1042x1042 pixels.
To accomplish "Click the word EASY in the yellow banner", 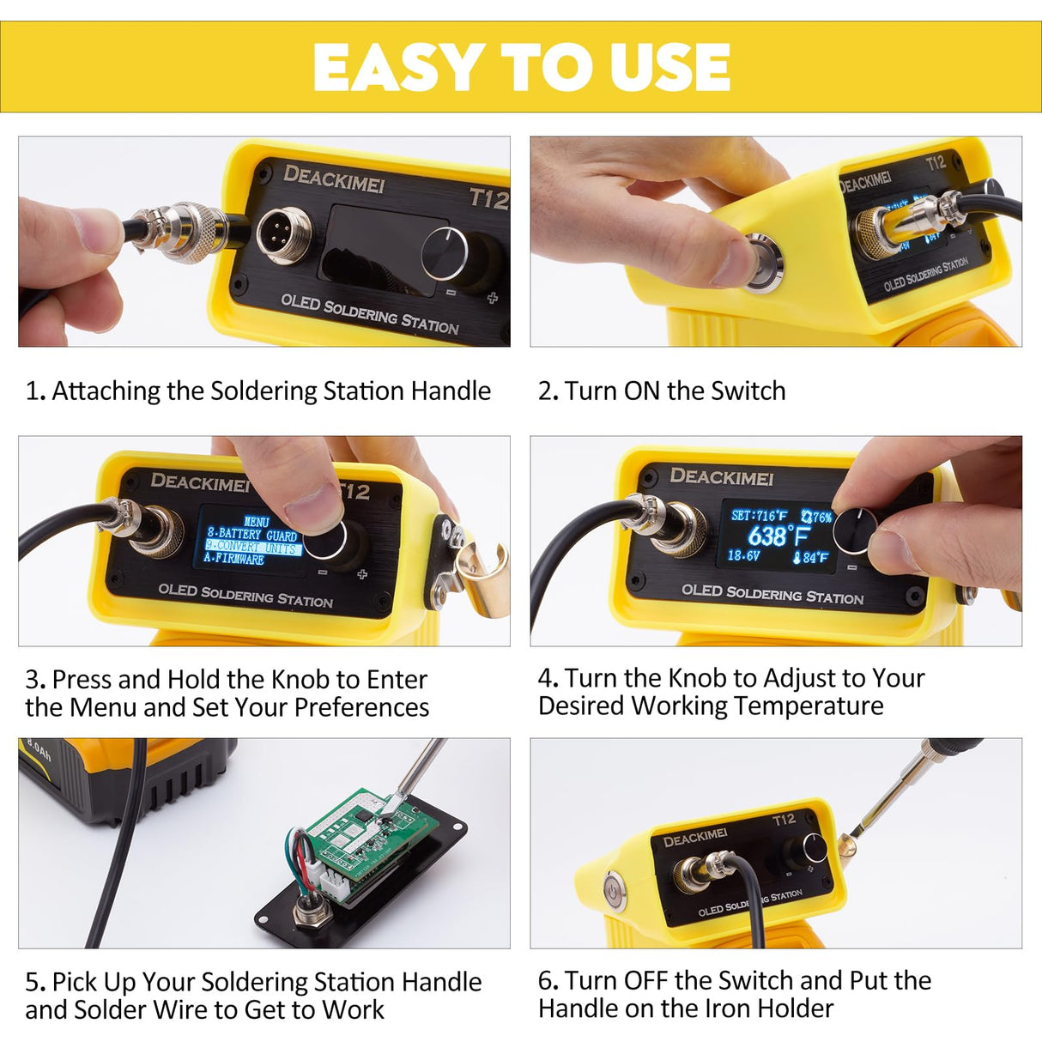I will pyautogui.click(x=397, y=68).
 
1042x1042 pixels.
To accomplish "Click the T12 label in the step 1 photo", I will pyautogui.click(x=489, y=199).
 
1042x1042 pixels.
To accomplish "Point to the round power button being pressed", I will pyautogui.click(x=761, y=261).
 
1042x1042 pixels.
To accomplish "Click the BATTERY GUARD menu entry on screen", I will pyautogui.click(x=252, y=534).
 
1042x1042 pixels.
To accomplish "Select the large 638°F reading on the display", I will pyautogui.click(x=778, y=536).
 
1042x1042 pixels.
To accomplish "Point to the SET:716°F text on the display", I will pyautogui.click(x=758, y=515).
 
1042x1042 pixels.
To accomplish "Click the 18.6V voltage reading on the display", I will pyautogui.click(x=743, y=556).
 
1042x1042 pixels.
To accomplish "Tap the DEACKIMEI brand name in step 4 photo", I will pyautogui.click(x=721, y=476).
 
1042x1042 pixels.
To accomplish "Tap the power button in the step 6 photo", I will pyautogui.click(x=615, y=889).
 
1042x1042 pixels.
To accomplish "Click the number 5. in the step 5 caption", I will pyautogui.click(x=35, y=982).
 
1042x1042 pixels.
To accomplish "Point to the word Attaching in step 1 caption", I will pyautogui.click(x=106, y=391).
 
